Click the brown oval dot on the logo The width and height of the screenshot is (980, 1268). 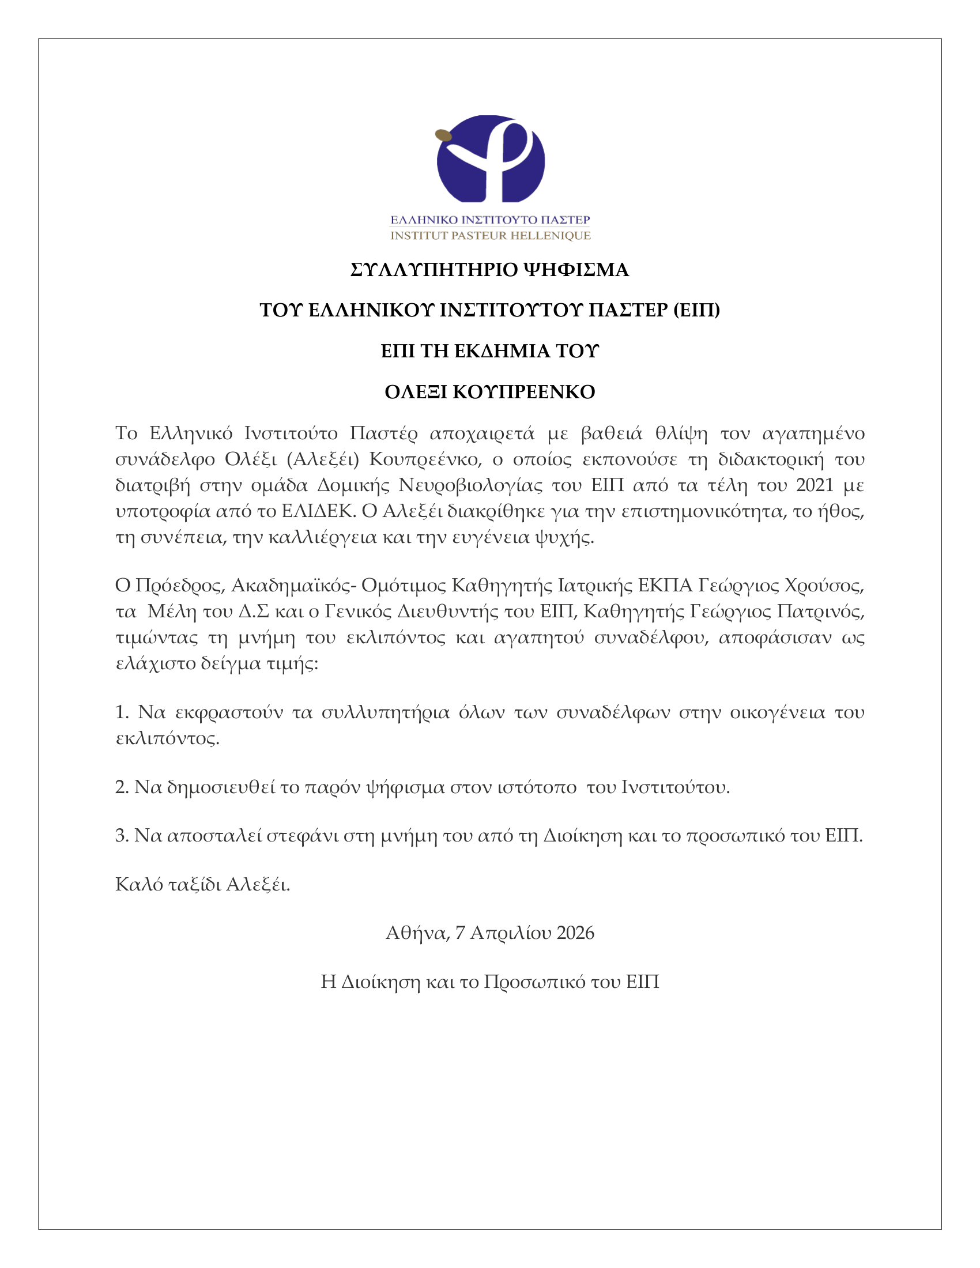(443, 135)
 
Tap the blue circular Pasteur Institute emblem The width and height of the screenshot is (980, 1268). (491, 160)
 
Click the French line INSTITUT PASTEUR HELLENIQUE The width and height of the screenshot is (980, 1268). (490, 235)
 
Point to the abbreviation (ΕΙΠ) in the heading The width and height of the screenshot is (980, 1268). (697, 310)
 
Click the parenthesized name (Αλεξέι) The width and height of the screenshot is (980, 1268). (323, 459)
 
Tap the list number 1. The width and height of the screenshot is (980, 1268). (121, 712)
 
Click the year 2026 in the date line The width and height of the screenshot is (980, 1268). (575, 933)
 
